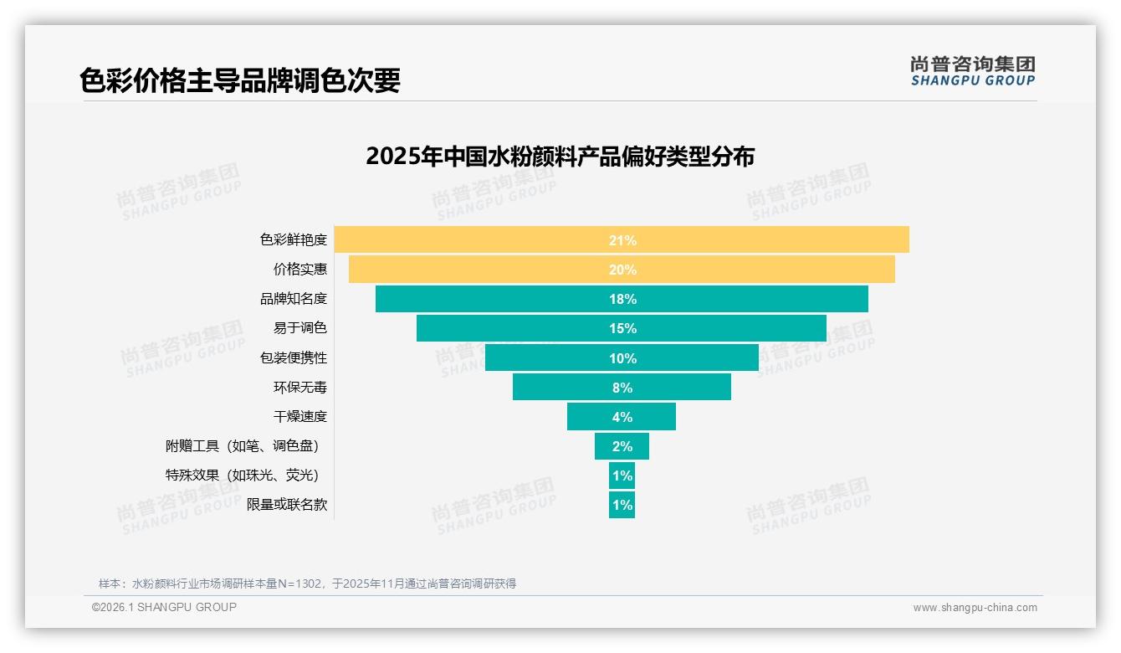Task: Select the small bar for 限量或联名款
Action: [622, 506]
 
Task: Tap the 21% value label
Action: [622, 240]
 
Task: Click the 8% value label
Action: [622, 388]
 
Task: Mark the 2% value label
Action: [622, 446]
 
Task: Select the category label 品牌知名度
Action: [293, 299]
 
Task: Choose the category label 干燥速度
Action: [299, 417]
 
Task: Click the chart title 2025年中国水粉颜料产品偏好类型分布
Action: [560, 157]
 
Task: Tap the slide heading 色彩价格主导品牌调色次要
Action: [240, 80]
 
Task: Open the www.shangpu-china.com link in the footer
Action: [975, 608]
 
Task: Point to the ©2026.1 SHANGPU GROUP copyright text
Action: [164, 607]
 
